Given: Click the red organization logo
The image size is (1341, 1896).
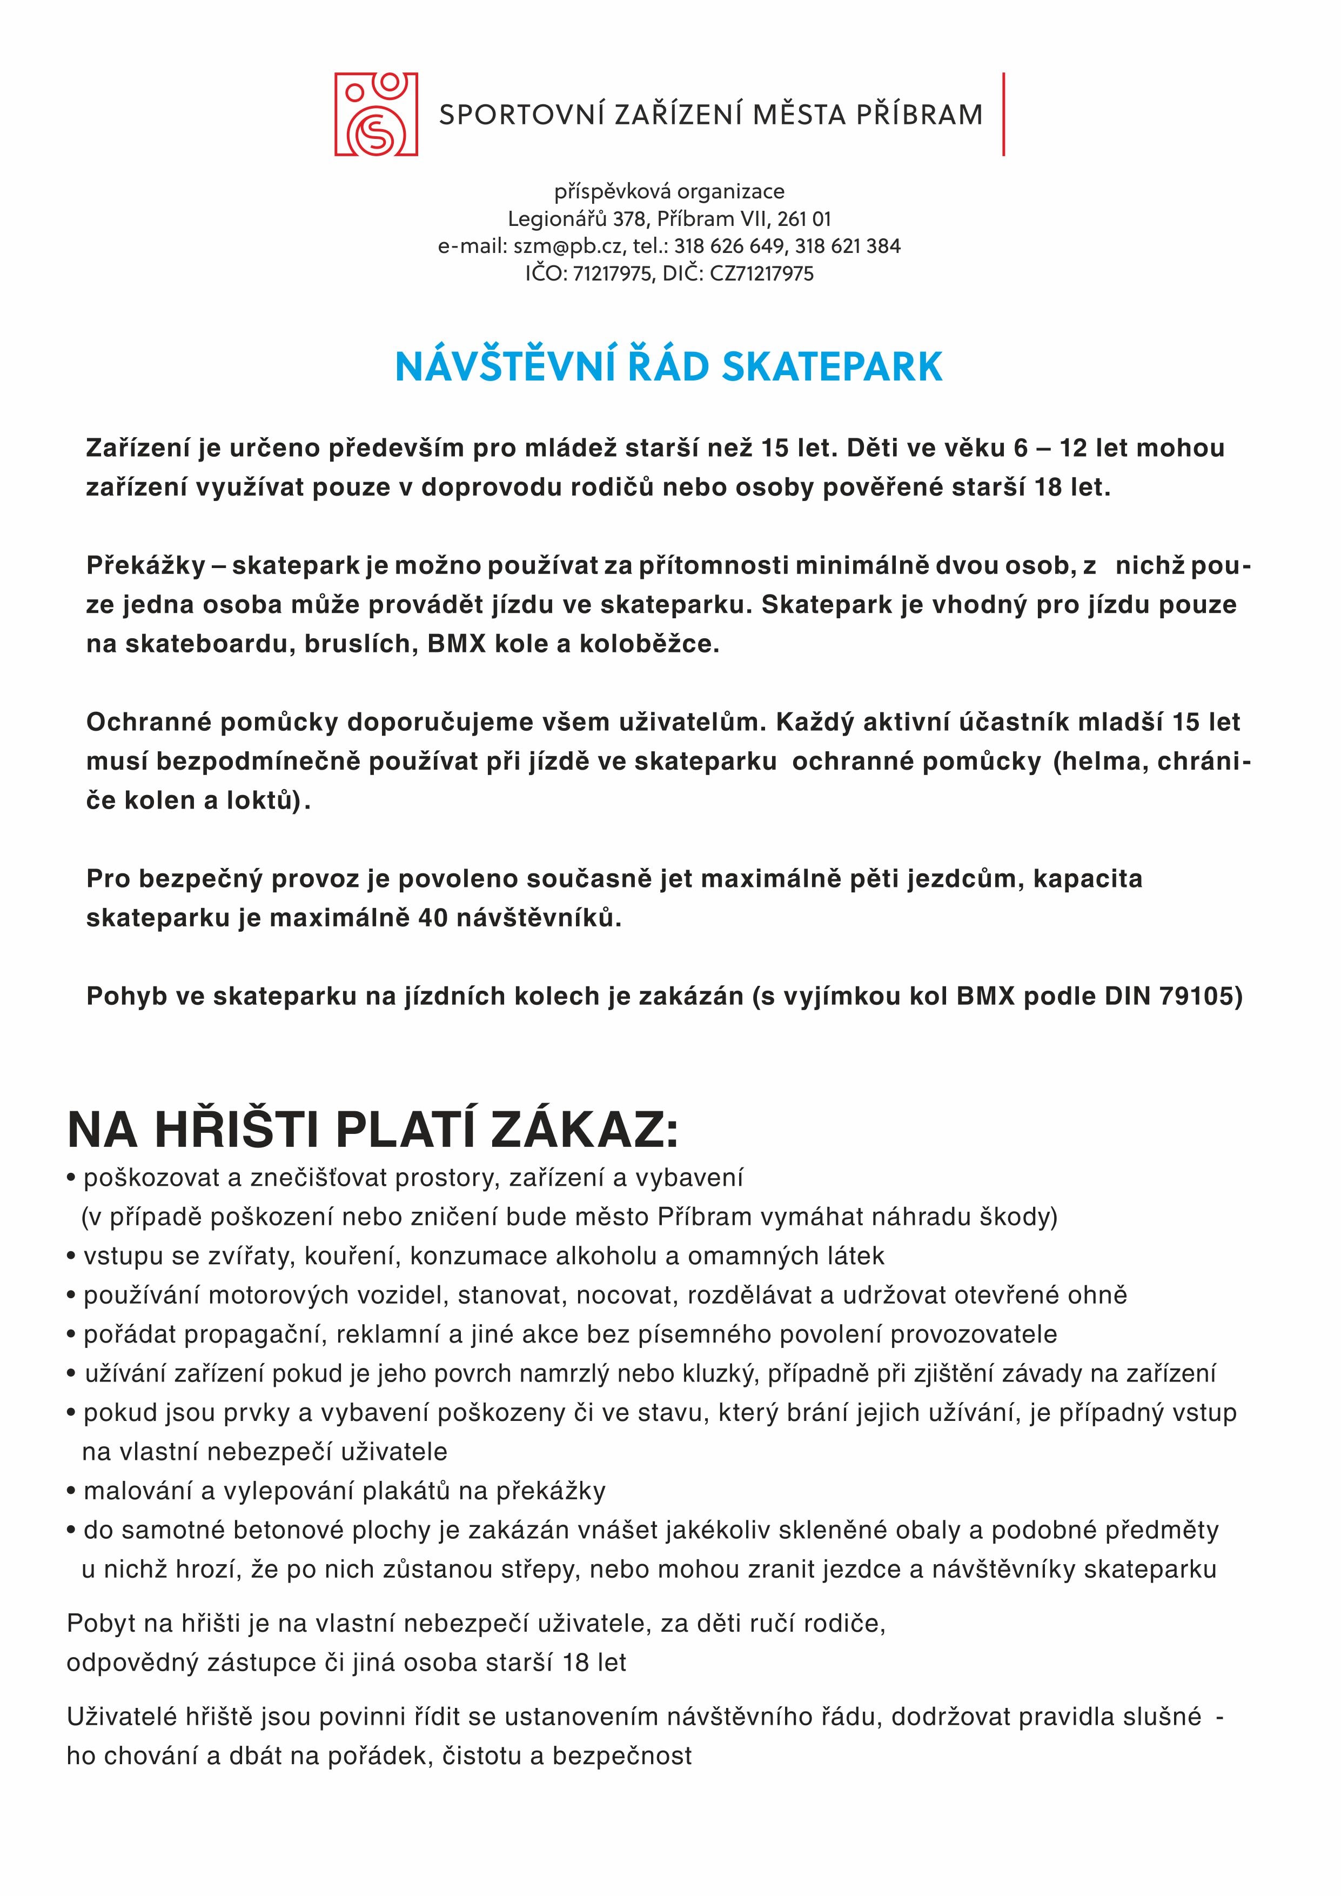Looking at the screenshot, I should pyautogui.click(x=376, y=114).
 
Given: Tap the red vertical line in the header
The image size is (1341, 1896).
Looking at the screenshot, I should pyautogui.click(x=1003, y=114).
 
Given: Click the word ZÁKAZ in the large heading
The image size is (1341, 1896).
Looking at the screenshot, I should pyautogui.click(x=584, y=1129).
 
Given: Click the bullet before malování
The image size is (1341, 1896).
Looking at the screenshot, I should pyautogui.click(x=72, y=1491).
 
